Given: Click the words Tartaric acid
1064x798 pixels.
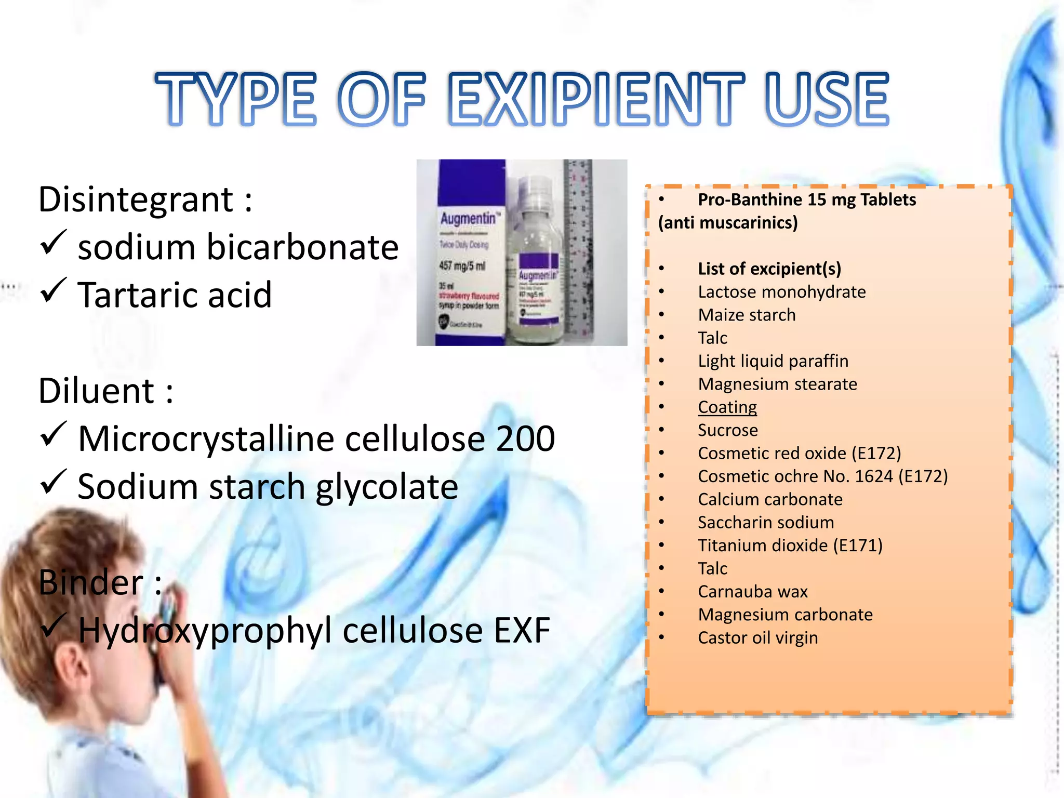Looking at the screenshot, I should (x=175, y=295).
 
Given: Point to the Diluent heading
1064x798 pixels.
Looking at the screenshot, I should (x=97, y=391).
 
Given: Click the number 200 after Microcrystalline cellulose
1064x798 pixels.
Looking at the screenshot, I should (x=525, y=439).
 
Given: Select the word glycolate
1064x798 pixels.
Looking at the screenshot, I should (x=387, y=487).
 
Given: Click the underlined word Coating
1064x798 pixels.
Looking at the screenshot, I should (x=727, y=407).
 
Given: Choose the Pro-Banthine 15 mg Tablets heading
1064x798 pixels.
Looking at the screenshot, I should (x=806, y=200).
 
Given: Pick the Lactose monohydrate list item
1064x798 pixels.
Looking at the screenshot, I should (x=781, y=292).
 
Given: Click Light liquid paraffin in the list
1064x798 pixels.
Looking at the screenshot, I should (x=773, y=361).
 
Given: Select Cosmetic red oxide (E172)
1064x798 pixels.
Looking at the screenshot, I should (x=799, y=454).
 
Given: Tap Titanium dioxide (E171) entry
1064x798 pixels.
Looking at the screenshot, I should (x=790, y=546).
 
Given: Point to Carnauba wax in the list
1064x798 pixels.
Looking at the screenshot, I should (x=752, y=592).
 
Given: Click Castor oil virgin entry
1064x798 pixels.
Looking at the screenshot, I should (x=757, y=638).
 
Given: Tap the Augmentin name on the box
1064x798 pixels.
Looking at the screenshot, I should (x=468, y=219).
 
